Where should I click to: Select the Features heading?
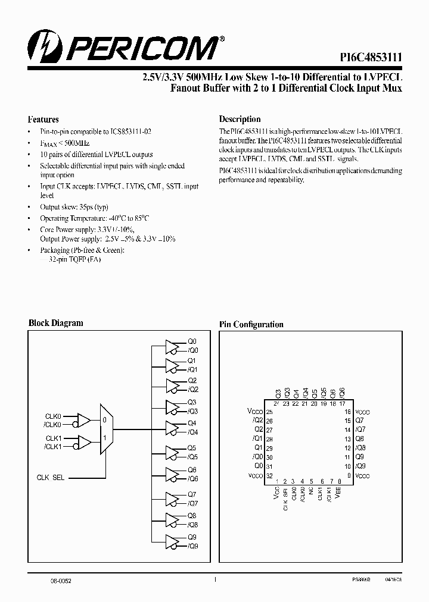43,119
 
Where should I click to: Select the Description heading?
240,119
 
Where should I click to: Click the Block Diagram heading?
56,323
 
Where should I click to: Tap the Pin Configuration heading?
251,324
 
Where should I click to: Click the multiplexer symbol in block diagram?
105,429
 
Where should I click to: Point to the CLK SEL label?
51,478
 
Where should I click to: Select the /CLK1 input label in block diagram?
53,447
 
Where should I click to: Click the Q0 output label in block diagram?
192,341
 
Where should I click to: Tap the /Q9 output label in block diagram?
193,545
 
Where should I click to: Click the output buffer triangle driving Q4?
172,427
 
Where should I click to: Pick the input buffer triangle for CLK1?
83,442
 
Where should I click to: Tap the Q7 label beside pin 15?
360,420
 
